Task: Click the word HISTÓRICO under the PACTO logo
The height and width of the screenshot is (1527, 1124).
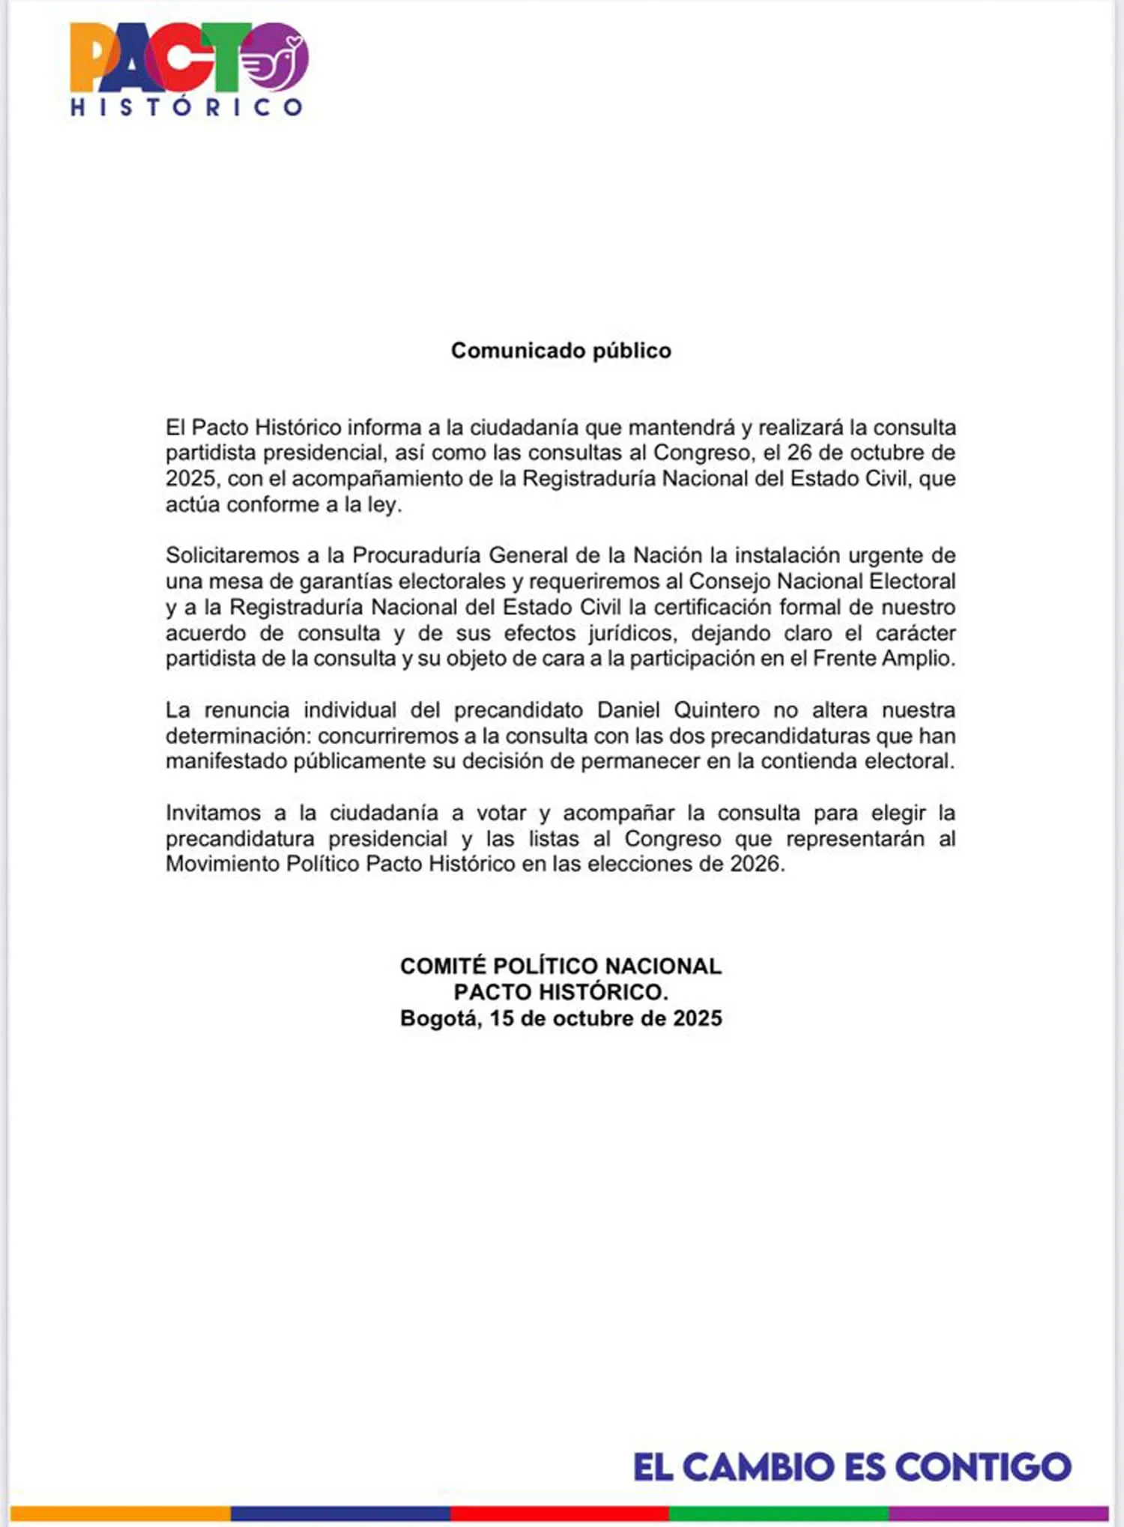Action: pyautogui.click(x=187, y=107)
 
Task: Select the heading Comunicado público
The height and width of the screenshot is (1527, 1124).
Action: pyautogui.click(x=561, y=351)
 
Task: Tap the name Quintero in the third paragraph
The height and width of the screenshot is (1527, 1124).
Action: pyautogui.click(x=716, y=710)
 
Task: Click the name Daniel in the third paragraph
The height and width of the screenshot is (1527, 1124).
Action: pyautogui.click(x=628, y=710)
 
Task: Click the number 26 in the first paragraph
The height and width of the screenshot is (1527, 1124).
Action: pyautogui.click(x=800, y=453)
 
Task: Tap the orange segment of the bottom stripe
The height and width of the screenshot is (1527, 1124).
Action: pyautogui.click(x=120, y=1514)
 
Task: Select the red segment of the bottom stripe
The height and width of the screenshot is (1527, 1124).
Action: pyautogui.click(x=559, y=1514)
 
